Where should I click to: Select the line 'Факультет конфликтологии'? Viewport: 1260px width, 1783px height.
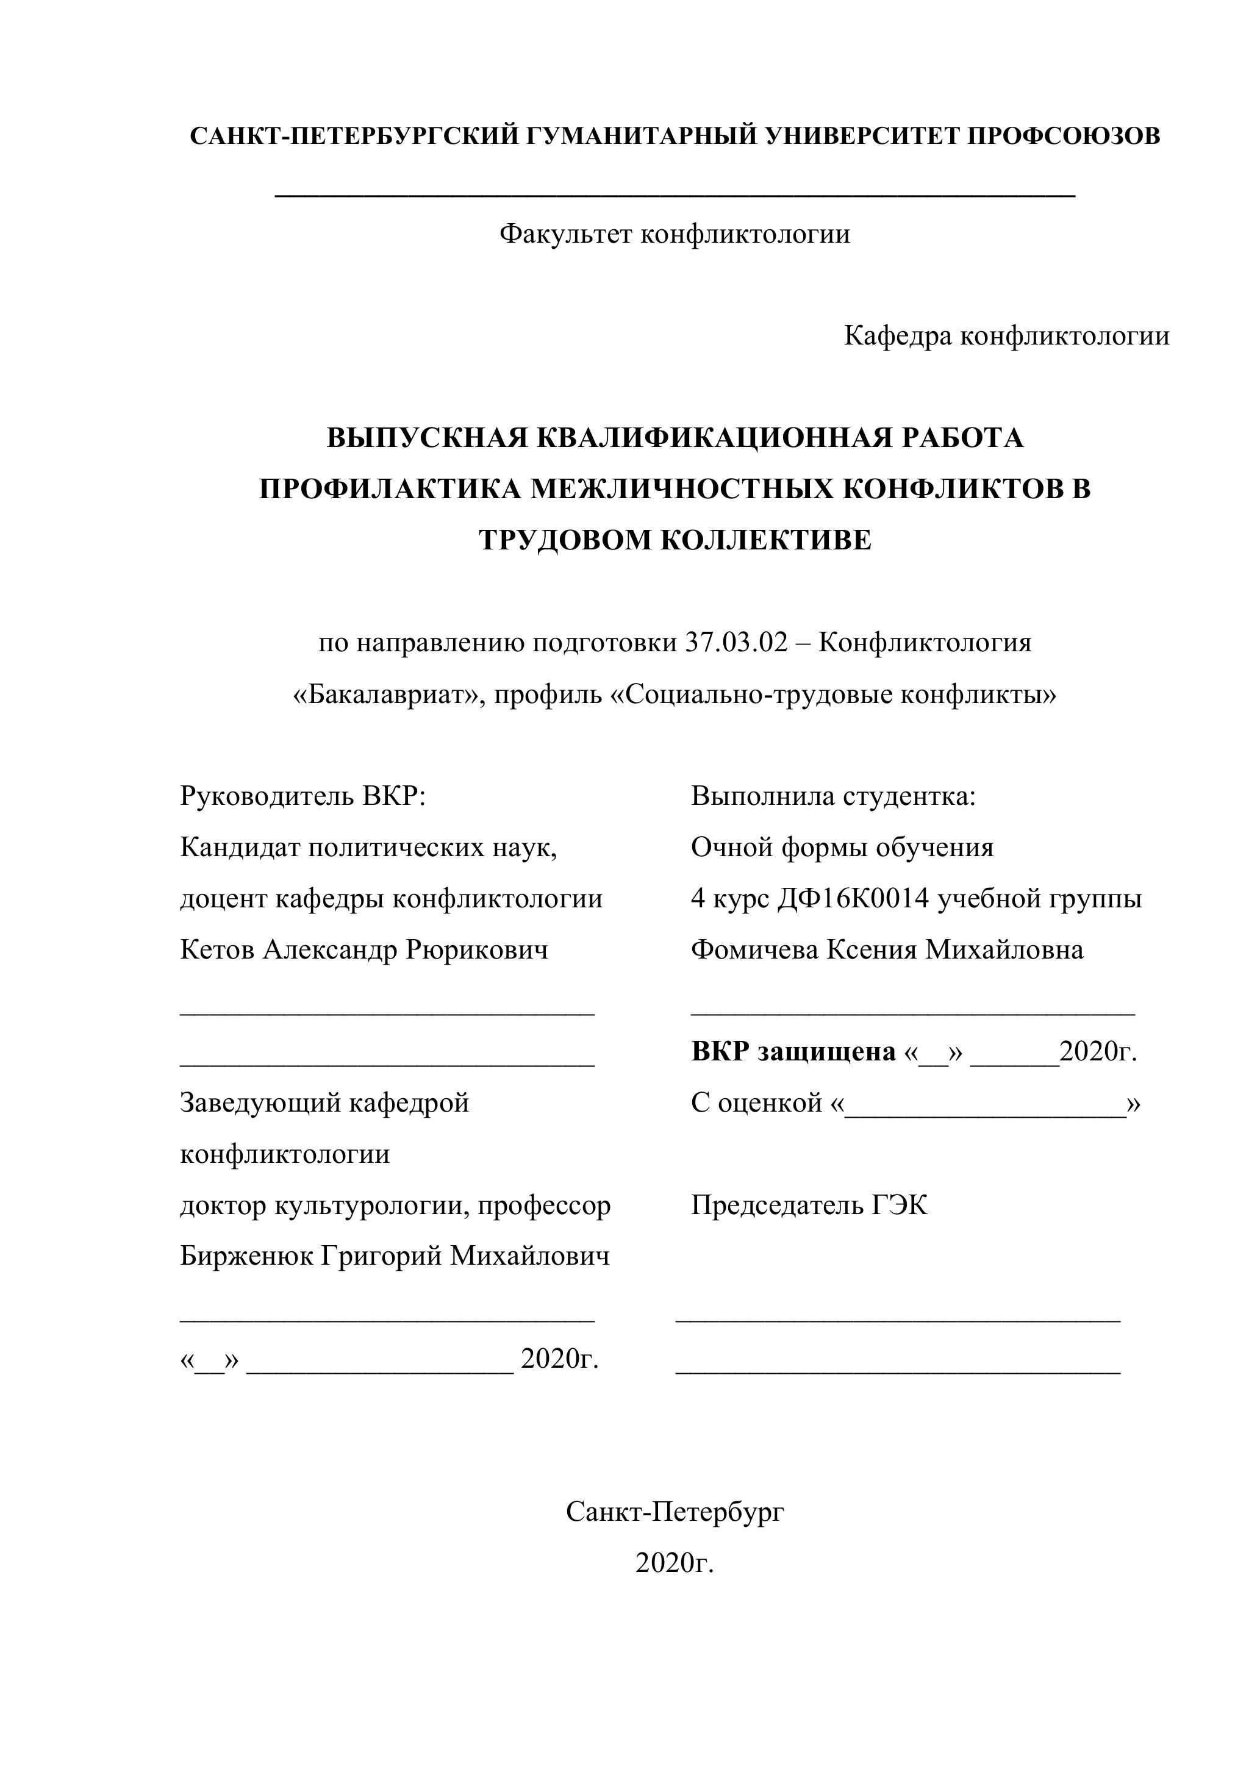tap(675, 234)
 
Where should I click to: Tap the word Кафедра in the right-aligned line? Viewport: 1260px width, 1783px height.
tap(897, 336)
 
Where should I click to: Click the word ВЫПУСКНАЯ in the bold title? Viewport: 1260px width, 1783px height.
tap(426, 439)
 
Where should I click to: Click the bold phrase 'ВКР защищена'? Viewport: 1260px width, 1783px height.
tap(793, 1052)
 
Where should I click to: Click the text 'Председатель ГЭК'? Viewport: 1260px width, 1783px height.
tap(809, 1206)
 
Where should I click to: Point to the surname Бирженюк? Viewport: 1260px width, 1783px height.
tap(247, 1257)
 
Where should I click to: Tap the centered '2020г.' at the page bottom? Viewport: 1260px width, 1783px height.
tap(675, 1563)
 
